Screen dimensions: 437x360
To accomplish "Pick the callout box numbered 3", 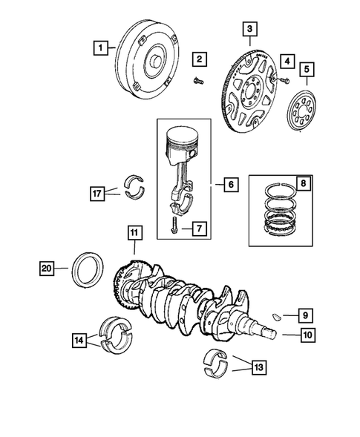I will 252,29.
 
